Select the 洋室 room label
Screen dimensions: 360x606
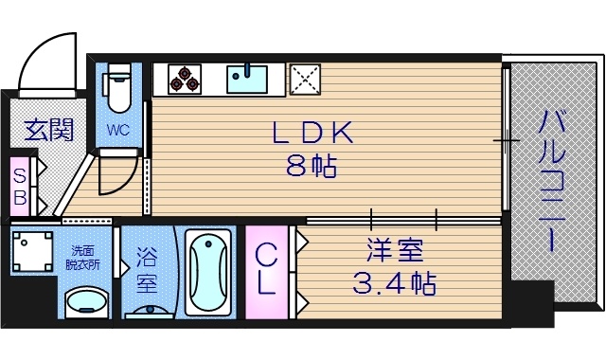[395, 252]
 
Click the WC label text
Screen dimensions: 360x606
[118, 130]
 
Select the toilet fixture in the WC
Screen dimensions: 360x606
[118, 87]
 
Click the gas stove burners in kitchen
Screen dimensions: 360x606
[185, 79]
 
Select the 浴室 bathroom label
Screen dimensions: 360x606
[147, 269]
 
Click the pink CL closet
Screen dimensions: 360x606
[266, 270]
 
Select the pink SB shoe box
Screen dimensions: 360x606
[19, 186]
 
